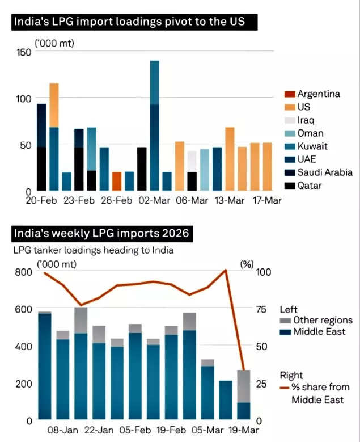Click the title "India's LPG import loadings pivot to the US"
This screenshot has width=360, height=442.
point(135,23)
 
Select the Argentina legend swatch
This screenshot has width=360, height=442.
point(289,94)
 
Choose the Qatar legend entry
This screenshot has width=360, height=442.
point(310,186)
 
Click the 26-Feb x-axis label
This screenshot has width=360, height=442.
point(116,200)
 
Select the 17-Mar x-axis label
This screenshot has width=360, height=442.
point(266,200)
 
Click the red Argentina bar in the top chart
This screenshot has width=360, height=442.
point(116,181)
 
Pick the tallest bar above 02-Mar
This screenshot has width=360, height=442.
point(154,125)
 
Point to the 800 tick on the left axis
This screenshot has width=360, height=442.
point(23,272)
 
